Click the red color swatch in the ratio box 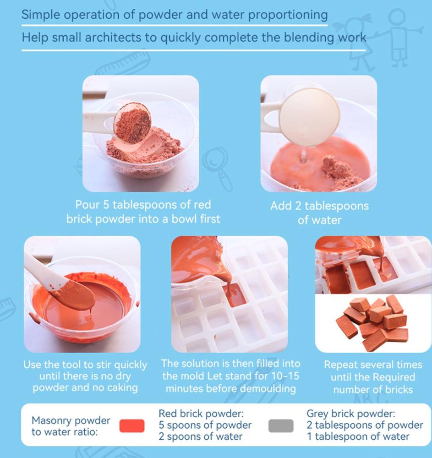(x=132, y=425)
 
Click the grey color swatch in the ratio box (x=281, y=425)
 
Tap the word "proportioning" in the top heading (x=288, y=15)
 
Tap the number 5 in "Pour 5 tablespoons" (x=106, y=205)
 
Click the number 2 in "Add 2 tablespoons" (x=298, y=206)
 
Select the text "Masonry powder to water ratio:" (x=71, y=426)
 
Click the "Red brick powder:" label (x=201, y=414)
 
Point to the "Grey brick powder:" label (x=351, y=414)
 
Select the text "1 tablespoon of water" (x=358, y=436)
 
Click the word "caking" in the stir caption (x=122, y=387)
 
